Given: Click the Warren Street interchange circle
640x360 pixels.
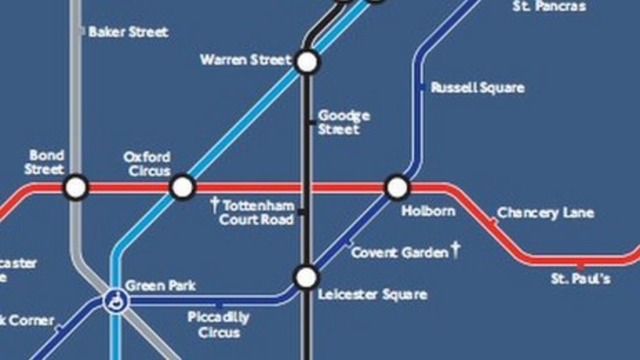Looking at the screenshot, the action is (306, 62).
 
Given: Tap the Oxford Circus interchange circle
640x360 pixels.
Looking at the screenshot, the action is (182, 188).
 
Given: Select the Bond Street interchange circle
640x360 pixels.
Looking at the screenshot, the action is (76, 188).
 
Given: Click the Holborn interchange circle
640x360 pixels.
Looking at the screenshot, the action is (397, 188).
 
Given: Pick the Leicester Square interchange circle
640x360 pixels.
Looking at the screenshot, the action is (306, 277).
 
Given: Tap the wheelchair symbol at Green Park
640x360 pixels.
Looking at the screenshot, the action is (116, 302).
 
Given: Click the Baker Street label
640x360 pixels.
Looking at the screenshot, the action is (129, 31).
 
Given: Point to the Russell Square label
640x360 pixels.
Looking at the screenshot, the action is (477, 88).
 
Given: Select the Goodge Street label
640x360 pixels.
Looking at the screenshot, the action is (344, 123).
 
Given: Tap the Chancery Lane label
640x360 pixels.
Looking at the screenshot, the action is (546, 212).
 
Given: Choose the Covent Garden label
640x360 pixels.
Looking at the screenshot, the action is (399, 252).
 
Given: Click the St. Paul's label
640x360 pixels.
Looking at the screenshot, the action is (581, 279).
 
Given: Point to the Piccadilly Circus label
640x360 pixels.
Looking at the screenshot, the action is (218, 325).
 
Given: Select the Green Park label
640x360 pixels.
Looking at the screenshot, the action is (160, 286).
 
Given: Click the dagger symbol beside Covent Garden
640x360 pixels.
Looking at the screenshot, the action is (455, 250).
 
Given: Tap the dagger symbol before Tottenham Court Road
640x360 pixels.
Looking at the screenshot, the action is (214, 205).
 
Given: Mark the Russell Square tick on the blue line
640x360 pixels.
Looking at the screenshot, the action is (421, 87).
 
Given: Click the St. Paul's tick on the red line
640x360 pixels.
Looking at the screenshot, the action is (580, 266).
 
